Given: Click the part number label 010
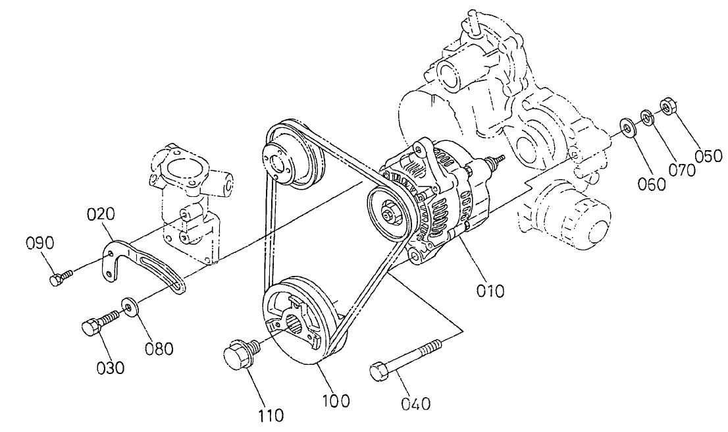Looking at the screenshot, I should (x=490, y=289).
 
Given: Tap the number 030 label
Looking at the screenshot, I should (x=111, y=367).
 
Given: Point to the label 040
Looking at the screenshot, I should (x=417, y=402).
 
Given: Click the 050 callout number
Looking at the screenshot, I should (x=708, y=156).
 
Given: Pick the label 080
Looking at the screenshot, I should (x=159, y=348).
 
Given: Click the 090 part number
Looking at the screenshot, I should (x=39, y=242).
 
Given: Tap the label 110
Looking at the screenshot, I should (x=271, y=414).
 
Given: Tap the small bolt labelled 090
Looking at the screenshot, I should (x=58, y=280).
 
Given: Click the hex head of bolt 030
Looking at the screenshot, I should (x=90, y=327).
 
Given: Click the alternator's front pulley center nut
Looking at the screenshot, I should (x=388, y=212).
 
